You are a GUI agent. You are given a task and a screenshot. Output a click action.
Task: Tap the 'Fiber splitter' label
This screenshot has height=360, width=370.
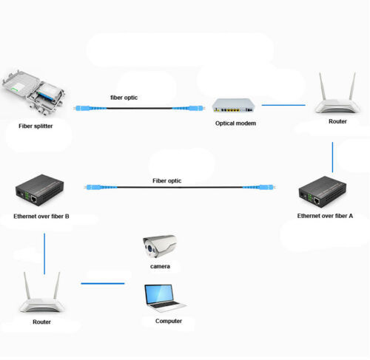[x=36, y=126]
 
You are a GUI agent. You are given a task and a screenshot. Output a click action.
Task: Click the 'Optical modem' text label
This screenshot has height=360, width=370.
[x=235, y=123]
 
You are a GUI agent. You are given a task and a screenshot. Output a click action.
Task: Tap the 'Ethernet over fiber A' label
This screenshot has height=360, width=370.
[x=325, y=216]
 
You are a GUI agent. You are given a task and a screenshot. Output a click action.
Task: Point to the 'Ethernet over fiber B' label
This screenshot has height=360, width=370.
[x=41, y=217]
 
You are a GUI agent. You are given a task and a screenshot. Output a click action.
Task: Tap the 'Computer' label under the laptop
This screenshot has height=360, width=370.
[x=169, y=321]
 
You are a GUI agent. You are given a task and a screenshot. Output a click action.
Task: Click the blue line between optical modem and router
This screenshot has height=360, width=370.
[x=283, y=105]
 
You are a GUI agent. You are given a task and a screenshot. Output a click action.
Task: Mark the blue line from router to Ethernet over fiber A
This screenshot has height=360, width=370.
[x=332, y=156]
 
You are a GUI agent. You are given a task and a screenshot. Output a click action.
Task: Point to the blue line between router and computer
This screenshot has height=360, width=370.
[x=102, y=283]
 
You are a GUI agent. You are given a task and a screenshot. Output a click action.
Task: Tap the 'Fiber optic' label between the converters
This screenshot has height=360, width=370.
[x=166, y=180]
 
